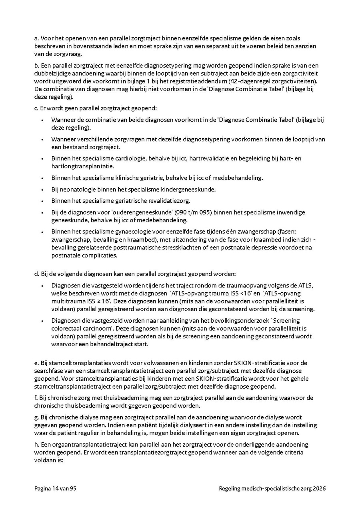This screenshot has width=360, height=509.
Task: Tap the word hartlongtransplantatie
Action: pos(82,166)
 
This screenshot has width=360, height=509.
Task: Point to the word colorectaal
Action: pos(68,328)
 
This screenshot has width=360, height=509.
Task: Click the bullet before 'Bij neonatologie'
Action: pos(42,190)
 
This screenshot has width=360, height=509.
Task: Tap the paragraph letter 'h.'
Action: pos(36,444)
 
